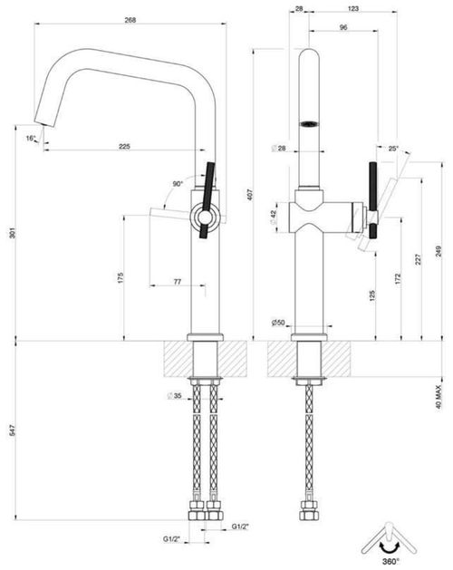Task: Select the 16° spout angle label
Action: [x=30, y=138]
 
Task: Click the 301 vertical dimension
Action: [x=10, y=234]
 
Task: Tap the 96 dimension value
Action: [x=342, y=29]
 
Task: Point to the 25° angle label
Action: [x=392, y=148]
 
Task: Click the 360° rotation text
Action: [x=392, y=563]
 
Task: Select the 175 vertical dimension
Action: [x=120, y=277]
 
